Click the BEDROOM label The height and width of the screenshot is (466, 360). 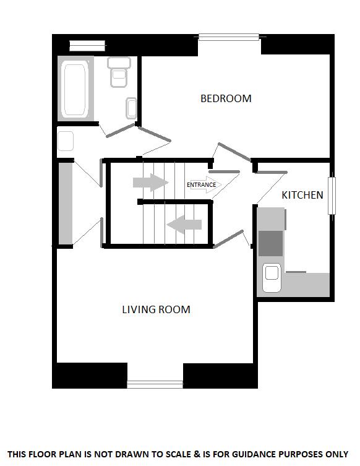(226, 98)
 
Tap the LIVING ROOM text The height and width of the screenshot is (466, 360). (156, 309)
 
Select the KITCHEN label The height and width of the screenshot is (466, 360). (302, 195)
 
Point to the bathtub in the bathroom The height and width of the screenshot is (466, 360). (75, 88)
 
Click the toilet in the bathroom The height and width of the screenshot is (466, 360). (119, 72)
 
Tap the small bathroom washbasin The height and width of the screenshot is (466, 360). (131, 108)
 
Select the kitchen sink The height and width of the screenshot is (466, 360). (272, 277)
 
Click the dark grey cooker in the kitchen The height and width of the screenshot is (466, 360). (270, 242)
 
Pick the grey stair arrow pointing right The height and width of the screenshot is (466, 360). (151, 183)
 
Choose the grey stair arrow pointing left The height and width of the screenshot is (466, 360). (185, 225)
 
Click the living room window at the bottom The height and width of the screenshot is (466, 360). (155, 384)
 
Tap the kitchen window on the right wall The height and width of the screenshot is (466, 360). (332, 197)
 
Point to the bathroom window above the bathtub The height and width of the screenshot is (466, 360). (87, 45)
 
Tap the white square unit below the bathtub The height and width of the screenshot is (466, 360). (66, 142)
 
